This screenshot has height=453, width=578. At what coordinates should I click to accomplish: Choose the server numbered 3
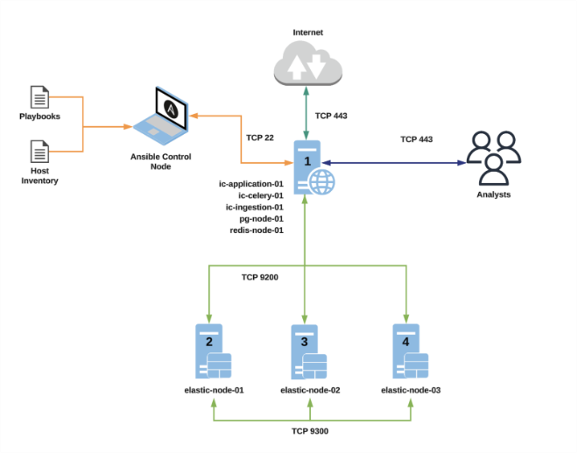(307, 352)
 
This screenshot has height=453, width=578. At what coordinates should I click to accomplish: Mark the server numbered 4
(409, 352)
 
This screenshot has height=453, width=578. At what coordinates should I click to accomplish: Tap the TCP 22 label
(260, 138)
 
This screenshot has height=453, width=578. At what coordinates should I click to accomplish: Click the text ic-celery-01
(255, 195)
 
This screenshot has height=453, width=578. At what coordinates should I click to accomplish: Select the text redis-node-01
(255, 230)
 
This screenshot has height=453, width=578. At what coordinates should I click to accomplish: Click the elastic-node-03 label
(410, 390)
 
